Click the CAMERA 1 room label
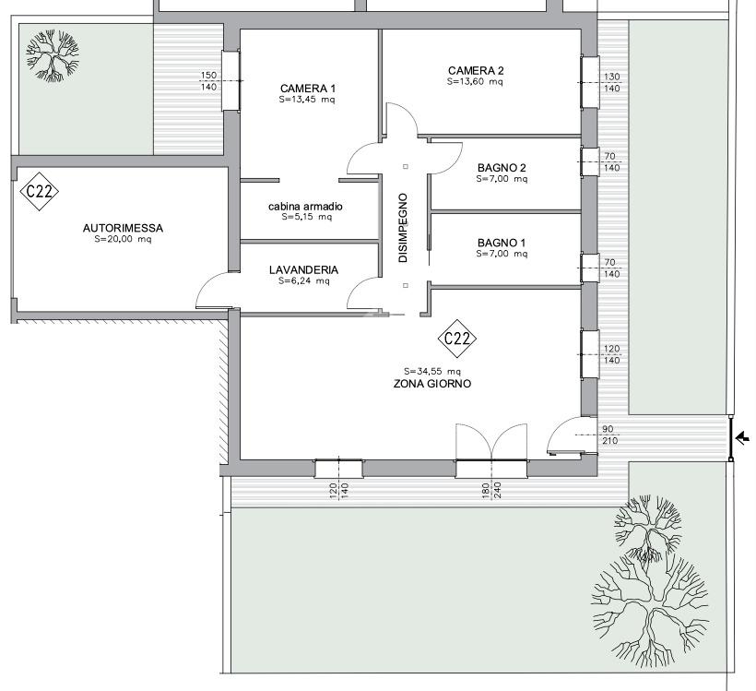tap(308, 89)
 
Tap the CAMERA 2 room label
tap(476, 71)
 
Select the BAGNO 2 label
tap(502, 168)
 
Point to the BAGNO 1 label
tap(502, 243)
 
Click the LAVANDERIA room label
tap(303, 269)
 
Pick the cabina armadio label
tap(305, 207)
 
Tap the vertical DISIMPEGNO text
tap(403, 228)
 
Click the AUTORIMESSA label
tap(123, 228)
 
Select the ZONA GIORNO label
tap(432, 384)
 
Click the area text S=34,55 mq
tap(432, 372)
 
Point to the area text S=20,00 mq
tap(123, 239)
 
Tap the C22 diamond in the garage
tap(40, 192)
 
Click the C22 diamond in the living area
tap(457, 339)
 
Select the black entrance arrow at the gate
tap(743, 438)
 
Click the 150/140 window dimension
tap(208, 81)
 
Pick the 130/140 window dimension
tap(612, 82)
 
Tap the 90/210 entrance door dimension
tap(609, 435)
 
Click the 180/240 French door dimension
tap(490, 490)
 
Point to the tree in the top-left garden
tap(53, 56)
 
